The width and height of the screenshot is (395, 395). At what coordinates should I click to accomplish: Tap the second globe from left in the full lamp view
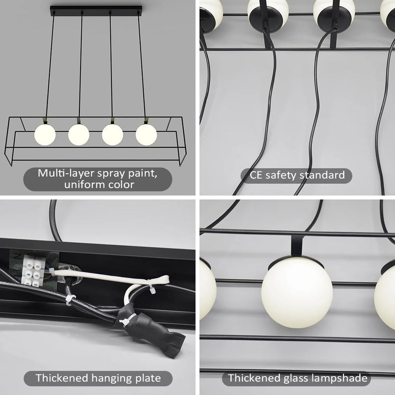pyautogui.click(x=79, y=134)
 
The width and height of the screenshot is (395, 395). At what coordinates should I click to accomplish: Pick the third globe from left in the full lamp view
pyautogui.click(x=113, y=134)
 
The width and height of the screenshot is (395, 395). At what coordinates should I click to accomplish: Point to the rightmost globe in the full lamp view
pyautogui.click(x=146, y=134)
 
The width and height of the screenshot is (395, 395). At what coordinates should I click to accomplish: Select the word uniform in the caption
pyautogui.click(x=85, y=185)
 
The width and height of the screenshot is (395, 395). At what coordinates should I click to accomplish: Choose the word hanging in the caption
pyautogui.click(x=110, y=379)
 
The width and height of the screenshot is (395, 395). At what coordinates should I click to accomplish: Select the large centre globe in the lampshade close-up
pyautogui.click(x=298, y=294)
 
